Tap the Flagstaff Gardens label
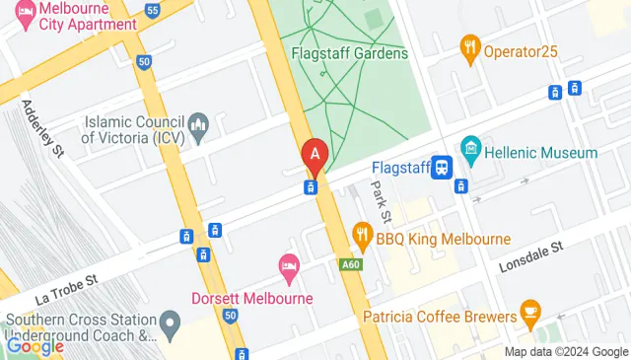[350, 53]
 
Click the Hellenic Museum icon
[469, 153]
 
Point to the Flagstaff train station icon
[443, 167]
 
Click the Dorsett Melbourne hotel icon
[289, 264]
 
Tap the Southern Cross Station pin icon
[170, 322]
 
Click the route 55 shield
[152, 10]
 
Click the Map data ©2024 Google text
[566, 352]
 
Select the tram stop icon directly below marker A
[310, 187]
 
